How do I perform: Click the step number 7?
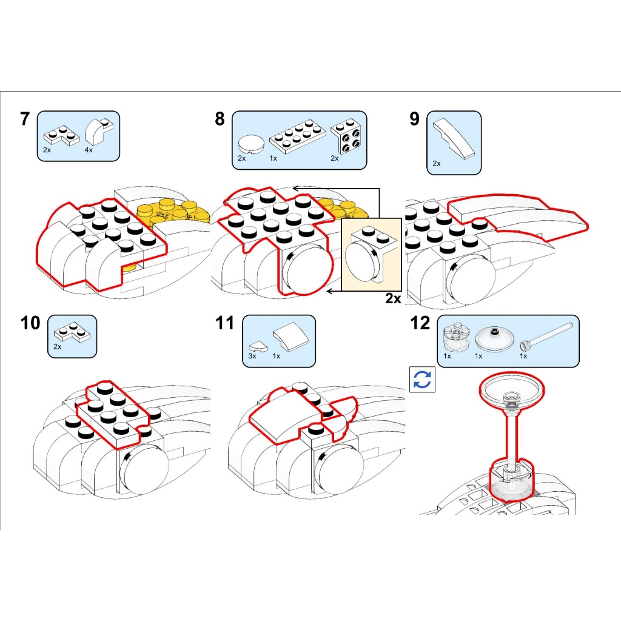(25, 119)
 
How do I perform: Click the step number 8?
(220, 119)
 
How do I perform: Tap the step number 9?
(414, 119)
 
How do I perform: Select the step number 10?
(30, 323)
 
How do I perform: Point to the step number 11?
(225, 323)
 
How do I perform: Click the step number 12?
(420, 323)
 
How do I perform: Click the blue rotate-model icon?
(422, 380)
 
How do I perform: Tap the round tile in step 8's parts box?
(252, 144)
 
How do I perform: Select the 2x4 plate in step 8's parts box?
(297, 138)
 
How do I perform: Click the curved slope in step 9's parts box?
(453, 138)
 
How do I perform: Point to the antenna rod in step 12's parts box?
(546, 337)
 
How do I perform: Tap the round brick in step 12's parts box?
(457, 337)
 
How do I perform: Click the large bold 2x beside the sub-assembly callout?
(393, 298)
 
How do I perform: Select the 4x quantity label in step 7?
(89, 150)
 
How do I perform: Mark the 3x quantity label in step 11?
(252, 356)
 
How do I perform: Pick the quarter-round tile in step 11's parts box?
(258, 347)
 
